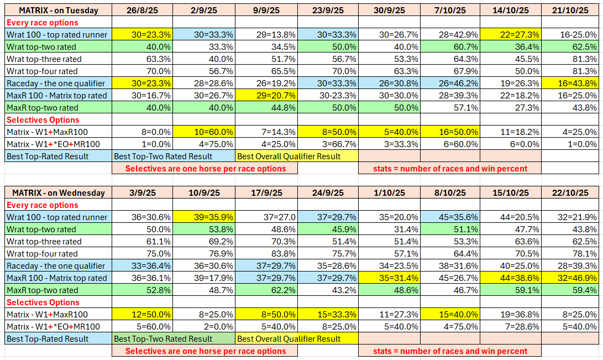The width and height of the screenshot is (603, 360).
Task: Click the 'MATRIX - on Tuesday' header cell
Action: click(58, 11)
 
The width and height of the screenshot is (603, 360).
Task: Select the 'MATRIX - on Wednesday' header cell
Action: click(58, 193)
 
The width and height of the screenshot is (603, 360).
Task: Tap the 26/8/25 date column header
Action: click(143, 11)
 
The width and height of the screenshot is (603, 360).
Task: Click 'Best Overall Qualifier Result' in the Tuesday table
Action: click(289, 156)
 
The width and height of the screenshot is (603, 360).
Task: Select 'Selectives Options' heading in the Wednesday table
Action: click(43, 302)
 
